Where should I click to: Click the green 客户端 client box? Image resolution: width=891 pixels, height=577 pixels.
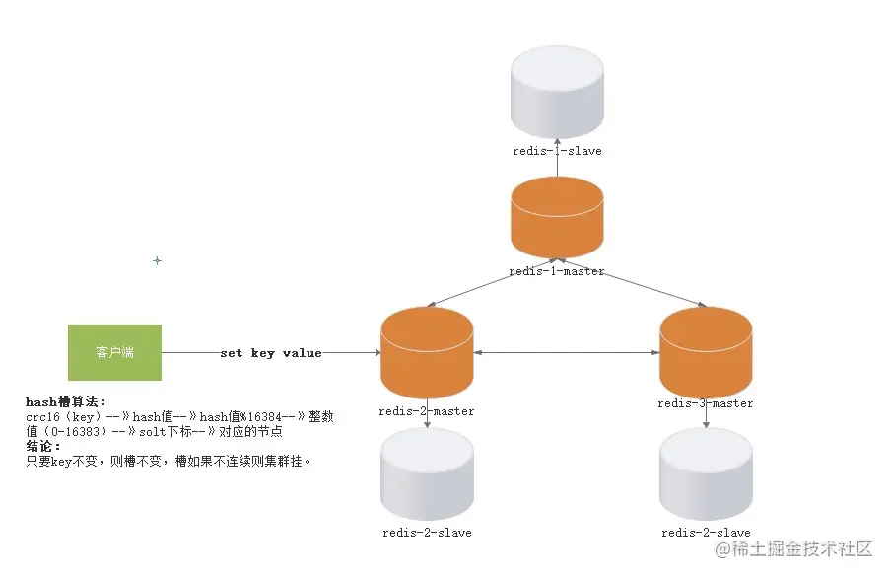click(114, 352)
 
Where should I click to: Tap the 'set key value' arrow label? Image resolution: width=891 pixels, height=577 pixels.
click(271, 353)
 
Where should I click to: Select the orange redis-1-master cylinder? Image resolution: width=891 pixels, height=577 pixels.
click(557, 219)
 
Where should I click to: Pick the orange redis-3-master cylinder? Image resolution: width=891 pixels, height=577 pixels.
click(706, 352)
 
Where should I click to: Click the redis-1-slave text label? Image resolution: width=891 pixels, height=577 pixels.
click(557, 151)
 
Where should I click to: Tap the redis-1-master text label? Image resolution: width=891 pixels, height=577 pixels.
click(557, 271)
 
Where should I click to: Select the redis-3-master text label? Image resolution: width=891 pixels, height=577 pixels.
click(706, 403)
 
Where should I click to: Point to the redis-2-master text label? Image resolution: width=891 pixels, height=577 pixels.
click(427, 411)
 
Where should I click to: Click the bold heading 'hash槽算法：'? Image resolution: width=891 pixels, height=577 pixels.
click(65, 402)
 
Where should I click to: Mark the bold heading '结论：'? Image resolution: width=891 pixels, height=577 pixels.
click(43, 446)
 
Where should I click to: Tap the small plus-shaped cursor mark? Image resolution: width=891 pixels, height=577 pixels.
click(157, 261)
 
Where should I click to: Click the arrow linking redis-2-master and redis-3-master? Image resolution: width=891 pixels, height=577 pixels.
click(566, 352)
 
